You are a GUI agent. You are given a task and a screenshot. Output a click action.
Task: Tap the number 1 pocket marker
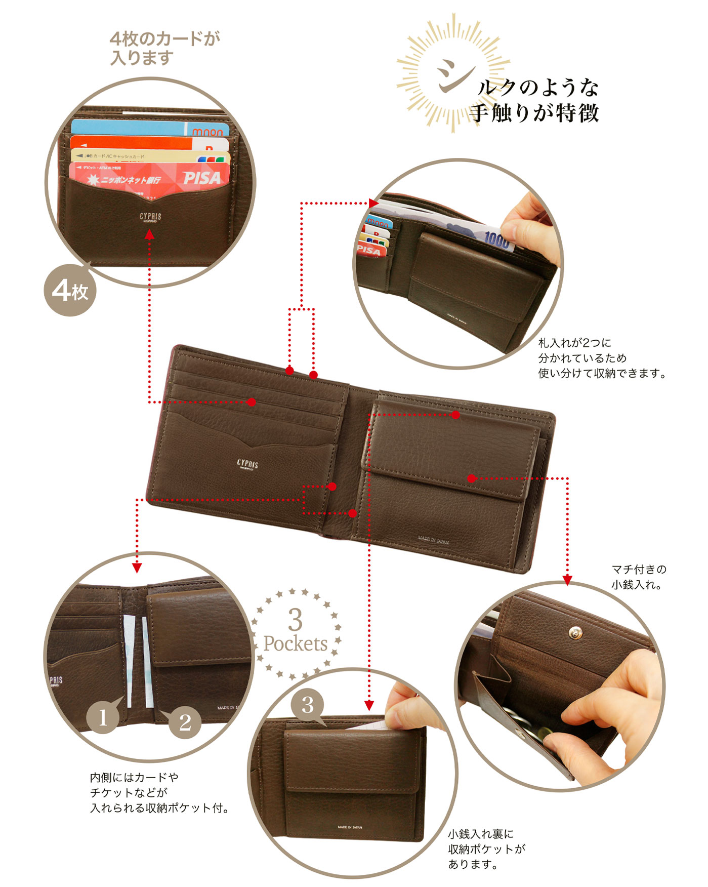pos(103,717)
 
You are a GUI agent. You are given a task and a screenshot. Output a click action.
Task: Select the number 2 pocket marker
pos(185,722)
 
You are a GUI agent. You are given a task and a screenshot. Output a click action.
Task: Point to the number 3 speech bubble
pos(308,705)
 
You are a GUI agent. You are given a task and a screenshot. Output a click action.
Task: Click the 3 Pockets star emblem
pos(296,633)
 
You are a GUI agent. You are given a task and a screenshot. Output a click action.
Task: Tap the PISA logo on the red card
pos(202,178)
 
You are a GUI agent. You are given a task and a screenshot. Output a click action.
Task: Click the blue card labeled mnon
pos(152,128)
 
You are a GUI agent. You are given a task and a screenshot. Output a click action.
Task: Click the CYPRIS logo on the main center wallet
pos(247,464)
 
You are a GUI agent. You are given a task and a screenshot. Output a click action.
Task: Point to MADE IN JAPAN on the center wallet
pos(433,540)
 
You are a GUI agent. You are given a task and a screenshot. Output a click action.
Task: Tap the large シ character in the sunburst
pos(452,76)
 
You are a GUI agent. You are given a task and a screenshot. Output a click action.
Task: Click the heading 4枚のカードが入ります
pos(165,48)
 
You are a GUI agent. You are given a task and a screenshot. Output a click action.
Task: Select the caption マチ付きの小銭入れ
pos(639,577)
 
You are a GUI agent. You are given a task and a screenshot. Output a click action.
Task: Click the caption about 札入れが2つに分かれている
pos(601,358)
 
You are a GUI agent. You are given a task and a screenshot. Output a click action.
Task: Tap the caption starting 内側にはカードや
pos(159,792)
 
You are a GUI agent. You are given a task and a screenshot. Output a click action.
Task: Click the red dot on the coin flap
pos(471,478)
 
